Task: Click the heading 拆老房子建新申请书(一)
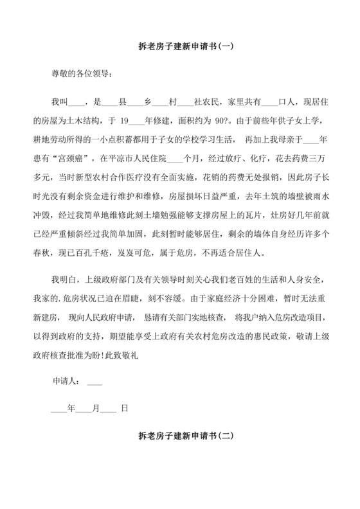tap(179, 46)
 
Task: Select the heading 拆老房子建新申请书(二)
tap(179, 435)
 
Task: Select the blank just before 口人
tap(271, 102)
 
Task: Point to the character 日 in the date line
tap(124, 407)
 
